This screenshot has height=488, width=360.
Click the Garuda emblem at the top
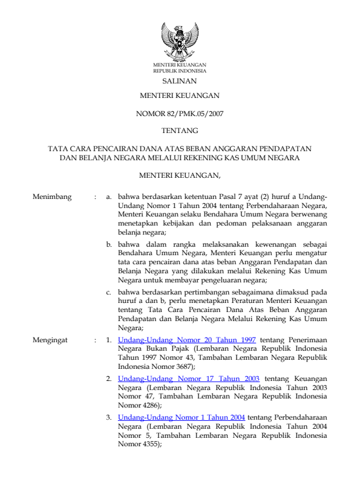[x=180, y=41]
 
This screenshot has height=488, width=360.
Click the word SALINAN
[x=180, y=80]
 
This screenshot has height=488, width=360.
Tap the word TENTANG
[x=180, y=130]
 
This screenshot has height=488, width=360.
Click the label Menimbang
[x=53, y=197]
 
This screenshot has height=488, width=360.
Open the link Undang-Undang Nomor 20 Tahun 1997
[x=187, y=341]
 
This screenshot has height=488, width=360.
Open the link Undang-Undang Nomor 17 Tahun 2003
[x=189, y=377]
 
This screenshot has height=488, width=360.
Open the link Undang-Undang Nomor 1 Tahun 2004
[x=182, y=417]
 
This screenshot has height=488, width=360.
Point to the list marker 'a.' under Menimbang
[x=110, y=197]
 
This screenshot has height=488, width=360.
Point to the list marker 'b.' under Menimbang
[x=110, y=244]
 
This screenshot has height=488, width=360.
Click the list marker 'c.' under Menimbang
[x=110, y=291]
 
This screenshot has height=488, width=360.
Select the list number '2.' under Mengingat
[x=110, y=377]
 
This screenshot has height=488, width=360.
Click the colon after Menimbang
[x=96, y=197]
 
